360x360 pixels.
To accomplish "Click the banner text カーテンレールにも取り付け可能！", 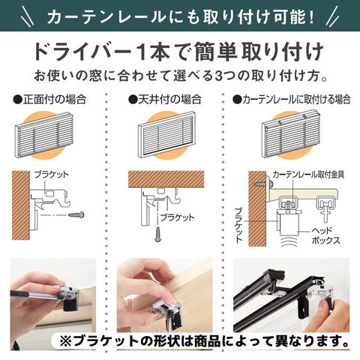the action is (x=180, y=16).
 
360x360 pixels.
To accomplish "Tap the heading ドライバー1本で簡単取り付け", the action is (x=179, y=52).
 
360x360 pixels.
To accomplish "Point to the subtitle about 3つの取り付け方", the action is (x=181, y=76).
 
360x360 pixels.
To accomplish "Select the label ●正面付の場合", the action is (x=49, y=99).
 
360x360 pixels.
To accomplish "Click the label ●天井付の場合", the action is (x=165, y=99).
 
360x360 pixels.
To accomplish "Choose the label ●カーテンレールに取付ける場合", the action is (x=292, y=99).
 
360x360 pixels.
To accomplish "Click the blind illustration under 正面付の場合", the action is (x=44, y=135).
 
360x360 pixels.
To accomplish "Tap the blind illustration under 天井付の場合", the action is (x=166, y=134).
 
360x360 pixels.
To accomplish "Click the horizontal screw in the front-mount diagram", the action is (x=76, y=214).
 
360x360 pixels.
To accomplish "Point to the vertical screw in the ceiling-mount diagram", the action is (x=158, y=234).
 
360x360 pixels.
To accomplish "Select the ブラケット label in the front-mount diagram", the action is (x=52, y=174).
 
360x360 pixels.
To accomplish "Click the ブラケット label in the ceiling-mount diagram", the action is (x=178, y=217).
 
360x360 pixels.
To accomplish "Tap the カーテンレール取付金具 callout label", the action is (x=308, y=174).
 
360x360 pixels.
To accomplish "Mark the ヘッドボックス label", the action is (x=325, y=235).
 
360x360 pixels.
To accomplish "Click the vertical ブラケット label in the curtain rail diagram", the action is (x=238, y=225).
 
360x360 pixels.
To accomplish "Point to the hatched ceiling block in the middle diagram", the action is (x=166, y=179).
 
